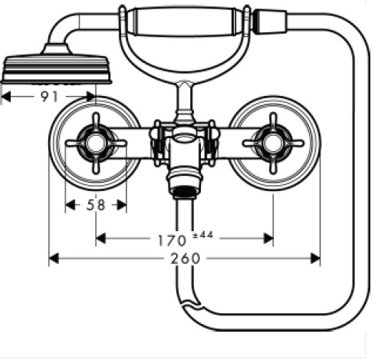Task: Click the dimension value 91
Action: click(x=49, y=97)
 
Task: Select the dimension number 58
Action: click(x=96, y=205)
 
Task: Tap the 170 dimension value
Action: click(x=172, y=240)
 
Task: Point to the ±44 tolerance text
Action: click(x=203, y=235)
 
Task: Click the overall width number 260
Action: click(x=186, y=259)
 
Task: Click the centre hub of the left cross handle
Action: click(x=96, y=144)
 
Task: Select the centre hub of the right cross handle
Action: click(x=273, y=144)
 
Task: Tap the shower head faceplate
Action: click(x=57, y=69)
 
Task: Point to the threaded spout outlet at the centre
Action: click(x=185, y=192)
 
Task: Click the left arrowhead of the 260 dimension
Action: click(x=54, y=259)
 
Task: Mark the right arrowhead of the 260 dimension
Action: click(x=315, y=259)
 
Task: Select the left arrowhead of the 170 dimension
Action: click(x=100, y=239)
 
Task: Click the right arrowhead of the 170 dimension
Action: click(x=268, y=239)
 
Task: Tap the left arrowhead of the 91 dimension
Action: click(x=6, y=97)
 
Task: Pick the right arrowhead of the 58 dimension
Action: click(x=122, y=205)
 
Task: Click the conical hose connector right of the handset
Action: click(x=270, y=21)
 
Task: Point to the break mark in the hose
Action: click(x=190, y=304)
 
